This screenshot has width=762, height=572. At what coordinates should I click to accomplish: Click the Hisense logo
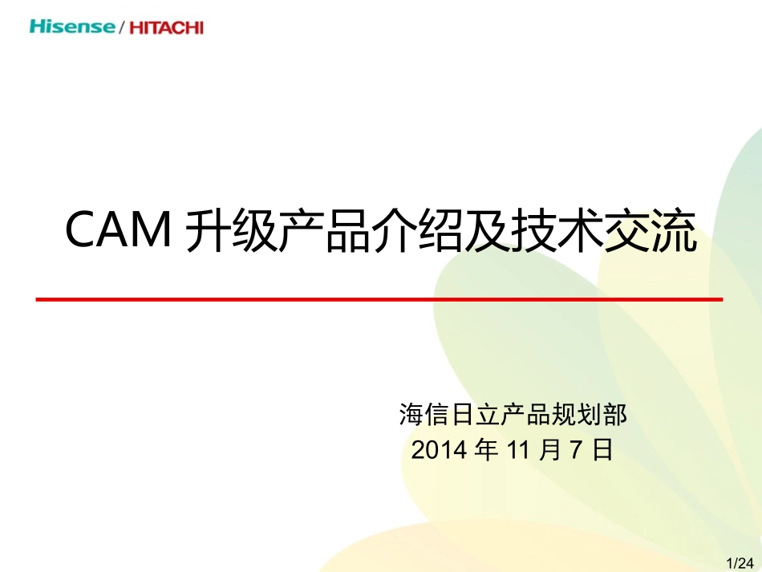[72, 26]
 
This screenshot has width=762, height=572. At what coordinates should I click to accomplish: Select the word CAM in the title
[117, 231]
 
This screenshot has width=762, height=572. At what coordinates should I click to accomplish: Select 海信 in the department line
[424, 415]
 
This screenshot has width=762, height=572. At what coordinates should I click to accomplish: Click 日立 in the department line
[476, 415]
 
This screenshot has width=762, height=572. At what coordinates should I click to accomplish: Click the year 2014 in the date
[439, 450]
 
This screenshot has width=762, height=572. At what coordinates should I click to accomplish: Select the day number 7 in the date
[574, 450]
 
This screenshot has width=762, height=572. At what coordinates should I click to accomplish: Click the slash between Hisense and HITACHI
[121, 28]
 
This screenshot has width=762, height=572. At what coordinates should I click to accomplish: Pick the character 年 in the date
[486, 450]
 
